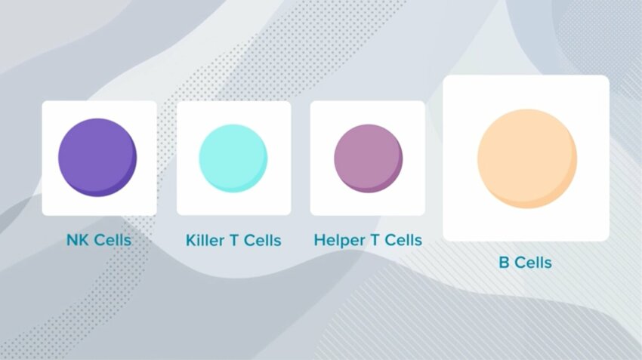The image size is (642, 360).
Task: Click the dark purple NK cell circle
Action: pyautogui.click(x=97, y=158)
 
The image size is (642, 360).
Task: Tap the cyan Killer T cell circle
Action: pyautogui.click(x=233, y=158)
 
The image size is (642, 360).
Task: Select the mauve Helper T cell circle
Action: pyautogui.click(x=368, y=158)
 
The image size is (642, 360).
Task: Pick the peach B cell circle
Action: pyautogui.click(x=527, y=158)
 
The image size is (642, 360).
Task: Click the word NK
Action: pyautogui.click(x=78, y=240)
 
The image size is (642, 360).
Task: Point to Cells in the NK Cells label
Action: pyautogui.click(x=112, y=240)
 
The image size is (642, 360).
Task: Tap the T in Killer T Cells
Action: pyautogui.click(x=235, y=240)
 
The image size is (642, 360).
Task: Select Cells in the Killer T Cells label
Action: pyautogui.click(x=262, y=240)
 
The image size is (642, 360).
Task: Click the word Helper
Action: pyautogui.click(x=340, y=240)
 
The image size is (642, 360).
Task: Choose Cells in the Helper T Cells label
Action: pyautogui.click(x=403, y=240)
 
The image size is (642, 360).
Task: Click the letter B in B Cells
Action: pyautogui.click(x=504, y=262)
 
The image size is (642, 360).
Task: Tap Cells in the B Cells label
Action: pyautogui.click(x=532, y=262)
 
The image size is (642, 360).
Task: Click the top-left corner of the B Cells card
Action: pyautogui.click(x=443, y=75)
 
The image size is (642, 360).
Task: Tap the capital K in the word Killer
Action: pyautogui.click(x=191, y=240)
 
